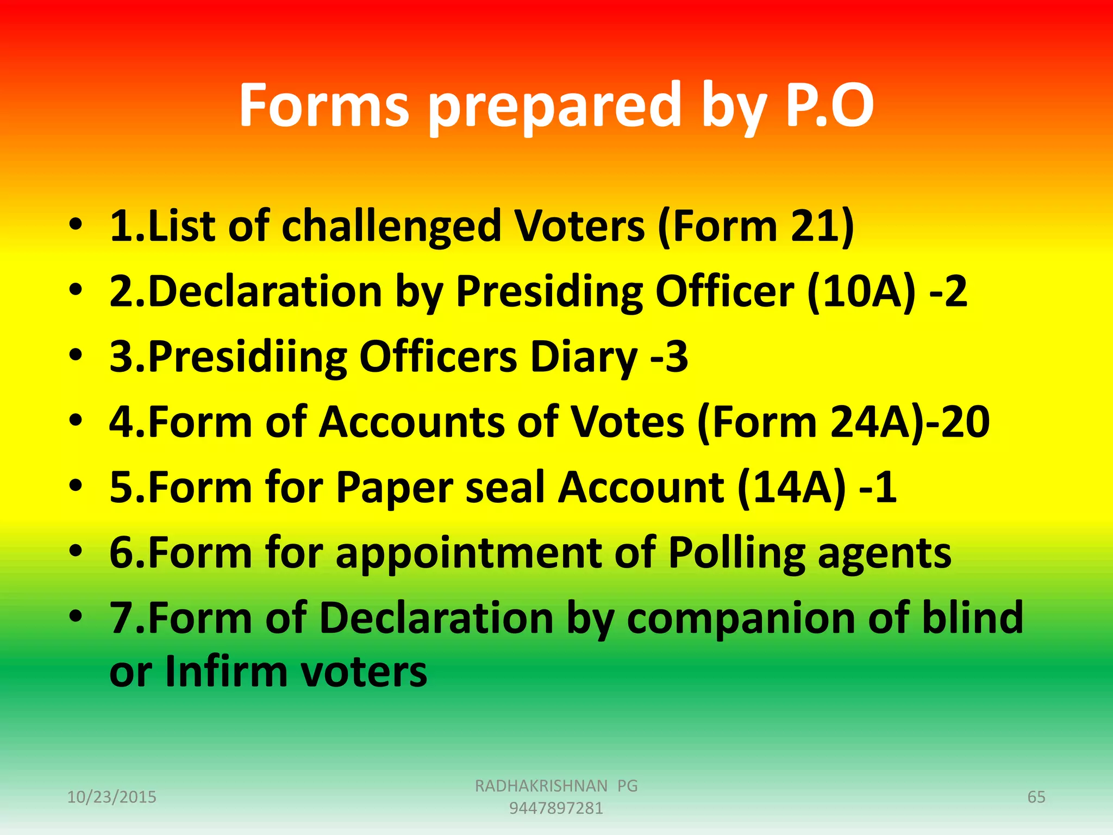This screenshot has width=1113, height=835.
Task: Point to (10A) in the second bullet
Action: pyautogui.click(x=861, y=292)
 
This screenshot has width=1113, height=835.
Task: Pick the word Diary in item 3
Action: pyautogui.click(x=583, y=357)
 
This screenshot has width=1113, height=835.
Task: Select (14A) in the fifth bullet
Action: pyautogui.click(x=792, y=488)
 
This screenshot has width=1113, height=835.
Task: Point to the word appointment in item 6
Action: pyautogui.click(x=468, y=553)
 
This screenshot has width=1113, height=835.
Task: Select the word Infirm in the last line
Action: pyautogui.click(x=227, y=672)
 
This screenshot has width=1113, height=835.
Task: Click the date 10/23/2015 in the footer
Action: pyautogui.click(x=111, y=797)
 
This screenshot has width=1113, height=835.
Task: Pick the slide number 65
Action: pyautogui.click(x=1036, y=797)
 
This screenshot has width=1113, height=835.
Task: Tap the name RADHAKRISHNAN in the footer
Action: pyautogui.click(x=541, y=786)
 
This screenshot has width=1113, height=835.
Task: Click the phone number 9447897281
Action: pyautogui.click(x=556, y=808)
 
